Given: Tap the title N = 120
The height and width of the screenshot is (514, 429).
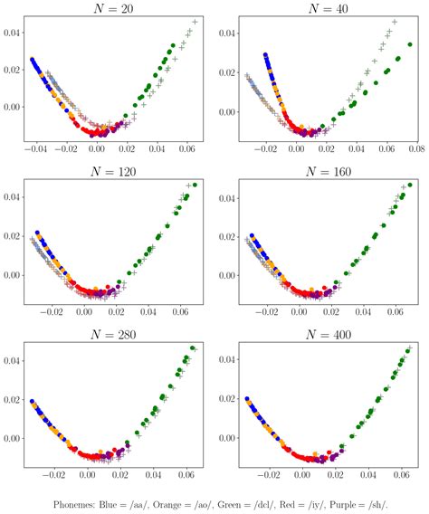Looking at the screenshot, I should pos(113,172).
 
